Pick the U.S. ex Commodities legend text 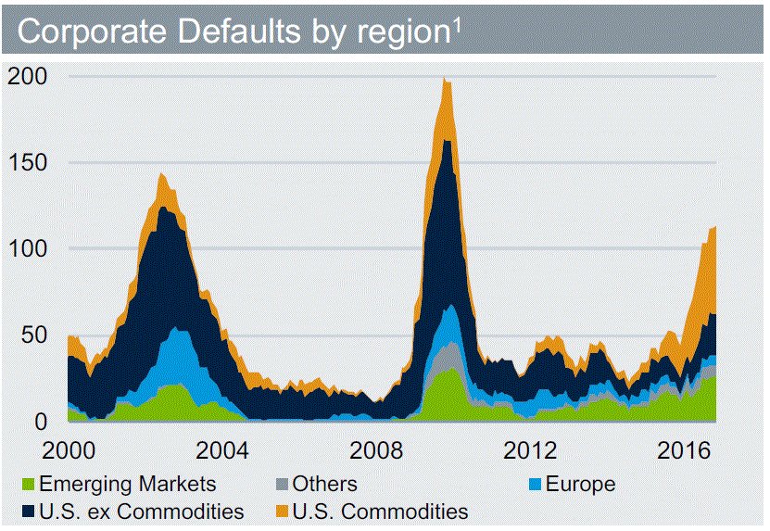coord(142,511)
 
